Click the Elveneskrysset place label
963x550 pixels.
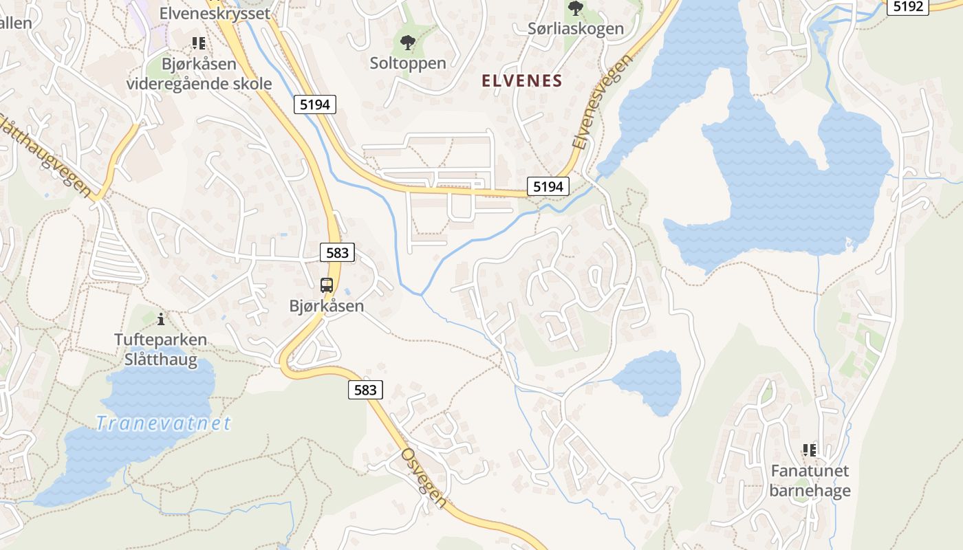(214, 13)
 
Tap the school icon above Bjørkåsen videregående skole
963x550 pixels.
(199, 44)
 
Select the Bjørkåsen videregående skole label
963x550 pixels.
(199, 74)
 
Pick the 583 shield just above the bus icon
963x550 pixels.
(337, 252)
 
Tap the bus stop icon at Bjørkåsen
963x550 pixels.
(327, 285)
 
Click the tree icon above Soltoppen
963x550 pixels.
(408, 43)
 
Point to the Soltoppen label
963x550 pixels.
(408, 63)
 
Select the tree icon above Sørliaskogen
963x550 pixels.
(575, 9)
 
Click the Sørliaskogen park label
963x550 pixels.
(575, 28)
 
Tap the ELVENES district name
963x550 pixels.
(522, 80)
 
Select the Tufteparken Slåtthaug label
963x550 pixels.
(160, 349)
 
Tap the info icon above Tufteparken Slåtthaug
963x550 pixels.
(161, 319)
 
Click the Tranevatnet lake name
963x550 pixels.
(164, 423)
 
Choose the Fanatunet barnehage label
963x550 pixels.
(810, 481)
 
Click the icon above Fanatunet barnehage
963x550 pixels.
(810, 450)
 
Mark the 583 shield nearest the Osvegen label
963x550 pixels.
(365, 390)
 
